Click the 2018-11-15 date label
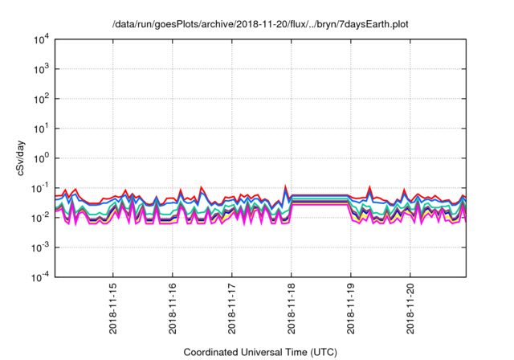pyautogui.click(x=113, y=309)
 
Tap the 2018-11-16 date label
pyautogui.click(x=173, y=309)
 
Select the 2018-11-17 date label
pyautogui.click(x=232, y=309)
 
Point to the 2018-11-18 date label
pyautogui.click(x=292, y=309)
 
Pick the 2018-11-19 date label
pyautogui.click(x=351, y=309)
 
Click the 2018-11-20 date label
pyautogui.click(x=410, y=309)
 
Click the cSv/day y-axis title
pyautogui.click(x=18, y=159)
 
